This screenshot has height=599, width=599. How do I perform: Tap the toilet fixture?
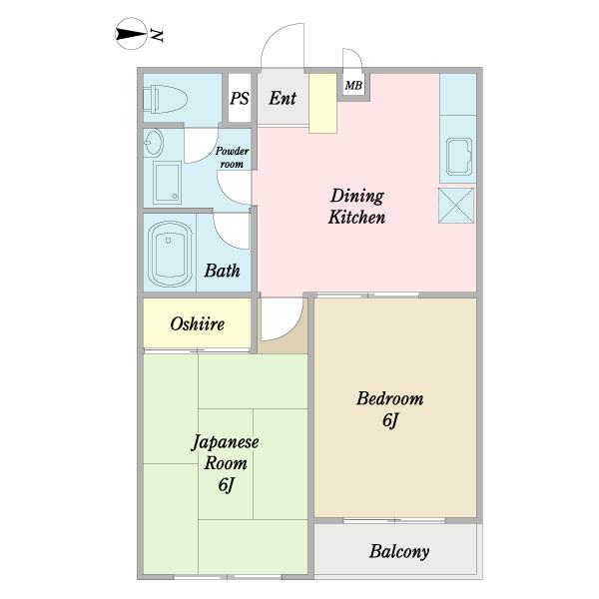click(165, 99)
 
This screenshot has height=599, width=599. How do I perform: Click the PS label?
click(240, 98)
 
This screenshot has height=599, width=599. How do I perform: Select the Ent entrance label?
click(283, 98)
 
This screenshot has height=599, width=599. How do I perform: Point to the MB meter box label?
click(353, 85)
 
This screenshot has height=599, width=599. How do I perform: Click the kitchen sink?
click(459, 157)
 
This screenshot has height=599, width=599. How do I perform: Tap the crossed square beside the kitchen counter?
click(456, 205)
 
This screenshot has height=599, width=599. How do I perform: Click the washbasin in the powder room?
click(154, 142)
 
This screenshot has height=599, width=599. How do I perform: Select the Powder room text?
click(232, 157)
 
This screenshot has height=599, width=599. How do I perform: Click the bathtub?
click(170, 254)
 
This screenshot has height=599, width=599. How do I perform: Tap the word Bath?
click(222, 271)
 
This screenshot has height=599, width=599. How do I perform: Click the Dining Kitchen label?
click(356, 207)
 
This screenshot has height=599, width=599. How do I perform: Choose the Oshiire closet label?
click(197, 323)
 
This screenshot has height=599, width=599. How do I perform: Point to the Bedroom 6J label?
click(390, 409)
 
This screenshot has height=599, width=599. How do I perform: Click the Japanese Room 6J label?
click(225, 463)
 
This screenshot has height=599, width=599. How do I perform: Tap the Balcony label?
click(399, 551)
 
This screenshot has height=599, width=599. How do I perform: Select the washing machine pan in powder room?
click(168, 183)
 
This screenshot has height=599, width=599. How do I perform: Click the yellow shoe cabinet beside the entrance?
click(322, 103)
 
